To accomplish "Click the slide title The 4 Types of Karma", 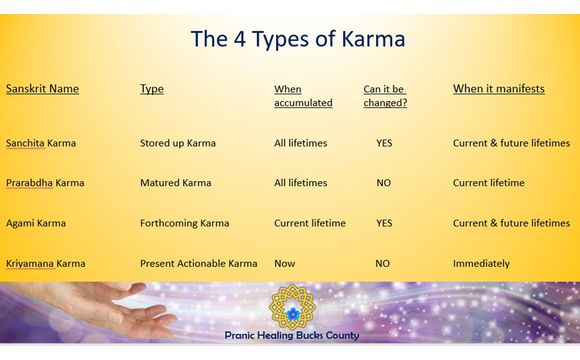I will tap(297, 41).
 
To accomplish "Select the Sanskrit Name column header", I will tap(42, 89).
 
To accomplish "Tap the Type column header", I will tap(151, 89).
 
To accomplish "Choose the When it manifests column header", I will tap(498, 89).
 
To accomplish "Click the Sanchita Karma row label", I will tap(41, 143).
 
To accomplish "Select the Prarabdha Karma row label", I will tap(45, 183).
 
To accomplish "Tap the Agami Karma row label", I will tap(35, 223).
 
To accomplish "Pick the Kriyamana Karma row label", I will tap(45, 263).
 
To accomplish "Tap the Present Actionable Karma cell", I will tap(198, 263).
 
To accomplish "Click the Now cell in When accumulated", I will tap(284, 263).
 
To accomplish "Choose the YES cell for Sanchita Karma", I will tap(384, 143).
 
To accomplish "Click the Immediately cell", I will tap(481, 263).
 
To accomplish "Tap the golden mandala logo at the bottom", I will tap(292, 307).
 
